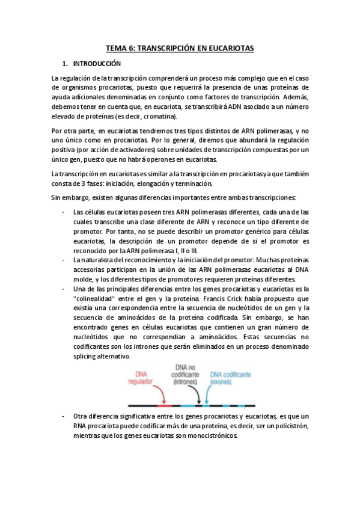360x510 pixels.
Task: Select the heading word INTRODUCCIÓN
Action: click(97, 63)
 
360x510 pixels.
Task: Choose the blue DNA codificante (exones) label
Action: click(230, 377)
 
